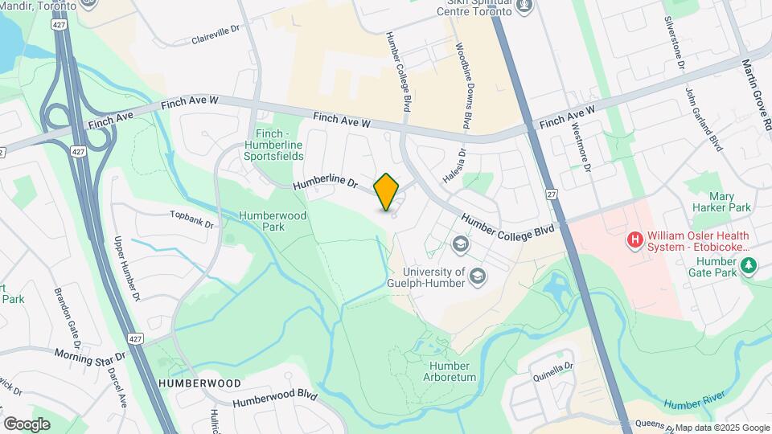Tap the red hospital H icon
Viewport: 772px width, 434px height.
pos(635,240)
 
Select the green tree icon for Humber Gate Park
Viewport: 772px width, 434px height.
pos(749,264)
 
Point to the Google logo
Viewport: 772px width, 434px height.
pos(27,424)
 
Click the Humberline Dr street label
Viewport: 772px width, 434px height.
pos(325,184)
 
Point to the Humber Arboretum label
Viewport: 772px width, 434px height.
pos(449,371)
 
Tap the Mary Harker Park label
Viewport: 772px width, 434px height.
pos(730,202)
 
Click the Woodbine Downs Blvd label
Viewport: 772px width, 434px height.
pos(464,86)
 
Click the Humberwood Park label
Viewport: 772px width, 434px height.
pos(261,221)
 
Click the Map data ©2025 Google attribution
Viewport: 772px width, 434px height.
pos(722,428)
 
